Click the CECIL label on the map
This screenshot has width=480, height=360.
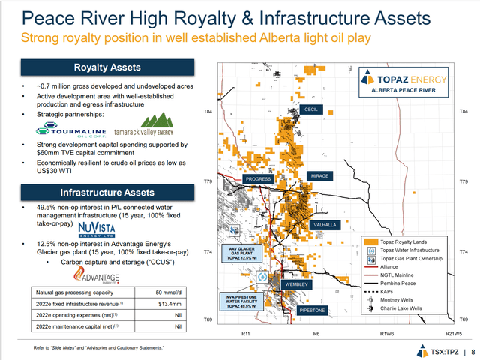click(x=312, y=109)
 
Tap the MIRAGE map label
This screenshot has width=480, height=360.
click(x=324, y=176)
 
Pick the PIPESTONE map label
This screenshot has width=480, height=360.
click(x=310, y=308)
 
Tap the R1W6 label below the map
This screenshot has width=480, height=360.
click(x=387, y=332)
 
